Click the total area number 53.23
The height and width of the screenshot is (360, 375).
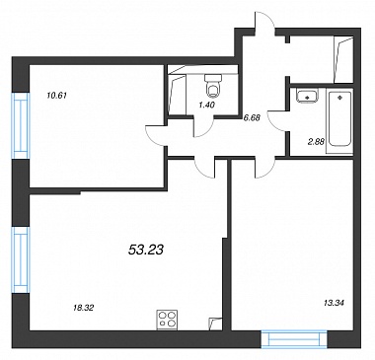pyautogui.click(x=145, y=251)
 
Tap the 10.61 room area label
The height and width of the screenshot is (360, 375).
pyautogui.click(x=57, y=96)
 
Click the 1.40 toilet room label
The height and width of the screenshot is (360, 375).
pyautogui.click(x=206, y=105)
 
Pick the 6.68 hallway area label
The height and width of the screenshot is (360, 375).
pyautogui.click(x=252, y=117)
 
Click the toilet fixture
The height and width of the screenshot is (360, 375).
pyautogui.click(x=213, y=86)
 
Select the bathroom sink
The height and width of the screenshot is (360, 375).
pyautogui.click(x=307, y=95)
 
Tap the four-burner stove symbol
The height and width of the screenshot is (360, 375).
pyautogui.click(x=167, y=320)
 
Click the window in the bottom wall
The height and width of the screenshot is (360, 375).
pyautogui.click(x=294, y=339)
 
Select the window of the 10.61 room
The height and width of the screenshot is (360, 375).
pyautogui.click(x=21, y=126)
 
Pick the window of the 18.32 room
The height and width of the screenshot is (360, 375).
pyautogui.click(x=21, y=259)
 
